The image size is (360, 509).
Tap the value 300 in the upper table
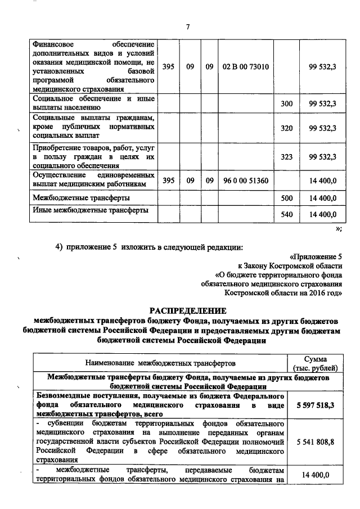tap(287, 104)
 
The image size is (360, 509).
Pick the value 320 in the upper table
tap(287, 128)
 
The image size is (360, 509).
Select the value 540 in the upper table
tap(287, 214)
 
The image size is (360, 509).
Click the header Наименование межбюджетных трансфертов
tap(160, 363)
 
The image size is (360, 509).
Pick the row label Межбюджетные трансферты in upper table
tap(82, 198)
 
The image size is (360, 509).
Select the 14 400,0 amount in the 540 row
tap(322, 214)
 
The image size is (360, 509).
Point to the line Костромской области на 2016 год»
tap(289, 292)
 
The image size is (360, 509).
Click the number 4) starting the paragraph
tap(58, 246)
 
